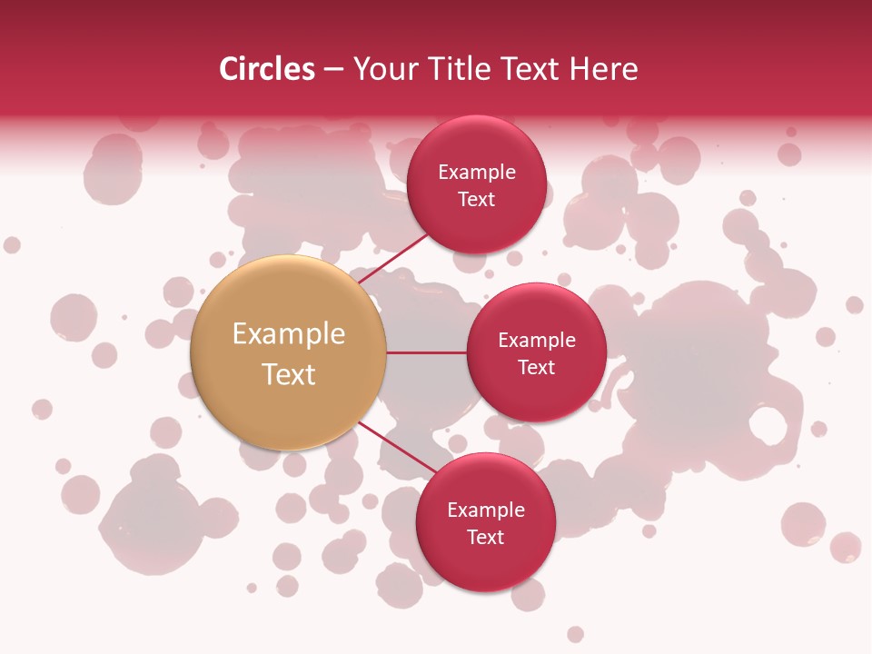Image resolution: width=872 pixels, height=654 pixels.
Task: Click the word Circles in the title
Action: click(267, 69)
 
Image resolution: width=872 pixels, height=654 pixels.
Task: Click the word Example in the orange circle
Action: click(289, 334)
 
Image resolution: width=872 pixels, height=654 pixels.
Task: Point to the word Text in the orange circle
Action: click(289, 374)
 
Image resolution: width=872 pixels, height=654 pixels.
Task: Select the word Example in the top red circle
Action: click(477, 173)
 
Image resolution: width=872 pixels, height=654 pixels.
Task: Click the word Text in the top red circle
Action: click(477, 200)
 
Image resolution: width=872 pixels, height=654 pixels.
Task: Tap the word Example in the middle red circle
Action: click(537, 341)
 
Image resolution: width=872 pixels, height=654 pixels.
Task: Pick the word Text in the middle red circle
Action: click(537, 368)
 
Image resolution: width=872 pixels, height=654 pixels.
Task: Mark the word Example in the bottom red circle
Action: click(486, 510)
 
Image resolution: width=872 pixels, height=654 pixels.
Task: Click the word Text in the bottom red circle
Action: click(486, 538)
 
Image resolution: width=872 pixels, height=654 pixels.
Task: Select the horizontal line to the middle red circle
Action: click(427, 352)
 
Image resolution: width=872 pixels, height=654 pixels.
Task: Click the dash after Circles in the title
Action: click(333, 70)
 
